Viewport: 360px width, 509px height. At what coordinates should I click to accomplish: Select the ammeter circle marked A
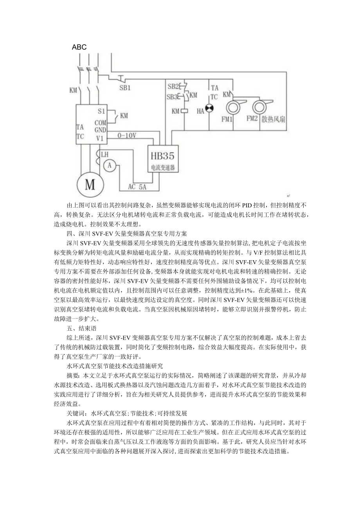pyautogui.click(x=110, y=166)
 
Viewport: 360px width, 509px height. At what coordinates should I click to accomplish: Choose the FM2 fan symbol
pyautogui.click(x=260, y=106)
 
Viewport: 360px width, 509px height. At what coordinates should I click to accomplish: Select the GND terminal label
pyautogui.click(x=100, y=129)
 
